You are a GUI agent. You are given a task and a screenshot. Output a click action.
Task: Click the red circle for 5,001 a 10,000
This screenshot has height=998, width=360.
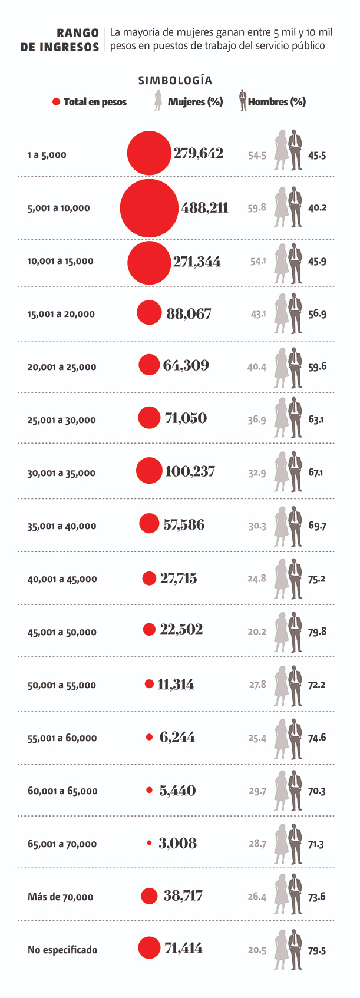point(149,208)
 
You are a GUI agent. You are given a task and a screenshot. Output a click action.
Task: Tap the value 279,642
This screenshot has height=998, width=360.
point(198,154)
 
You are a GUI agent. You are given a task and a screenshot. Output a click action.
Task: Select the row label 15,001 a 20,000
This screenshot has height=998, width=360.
point(61,314)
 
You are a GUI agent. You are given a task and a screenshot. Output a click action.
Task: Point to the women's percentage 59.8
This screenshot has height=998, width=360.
point(257,208)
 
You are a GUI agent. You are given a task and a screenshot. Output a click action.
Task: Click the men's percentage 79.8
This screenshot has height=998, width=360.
point(317,632)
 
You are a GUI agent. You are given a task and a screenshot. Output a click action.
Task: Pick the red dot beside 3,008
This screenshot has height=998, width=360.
point(149,843)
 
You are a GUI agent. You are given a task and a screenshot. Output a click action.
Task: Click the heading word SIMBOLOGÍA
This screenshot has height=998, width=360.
point(175,80)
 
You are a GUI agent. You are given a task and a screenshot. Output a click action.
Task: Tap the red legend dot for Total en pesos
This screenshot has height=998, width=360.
point(57,101)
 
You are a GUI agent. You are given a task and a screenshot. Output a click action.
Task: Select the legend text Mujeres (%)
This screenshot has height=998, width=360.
point(195,101)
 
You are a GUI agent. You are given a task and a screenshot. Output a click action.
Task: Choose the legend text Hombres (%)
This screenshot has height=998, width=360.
point(277,101)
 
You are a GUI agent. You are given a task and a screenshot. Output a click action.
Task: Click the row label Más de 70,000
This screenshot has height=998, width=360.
point(60,897)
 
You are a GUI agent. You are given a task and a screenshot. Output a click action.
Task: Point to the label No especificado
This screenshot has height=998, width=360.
point(62,950)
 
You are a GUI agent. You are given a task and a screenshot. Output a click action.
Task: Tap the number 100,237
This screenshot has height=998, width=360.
point(190,471)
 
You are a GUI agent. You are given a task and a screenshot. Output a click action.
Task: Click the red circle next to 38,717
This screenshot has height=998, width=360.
point(149,896)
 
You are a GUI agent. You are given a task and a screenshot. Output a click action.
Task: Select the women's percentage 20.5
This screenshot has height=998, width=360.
point(257,950)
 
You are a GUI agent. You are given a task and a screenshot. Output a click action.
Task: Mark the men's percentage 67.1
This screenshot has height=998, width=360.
point(316,472)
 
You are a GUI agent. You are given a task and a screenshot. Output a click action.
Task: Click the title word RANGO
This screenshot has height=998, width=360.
point(78,34)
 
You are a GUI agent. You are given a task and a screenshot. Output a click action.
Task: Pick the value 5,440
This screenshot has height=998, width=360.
point(177,790)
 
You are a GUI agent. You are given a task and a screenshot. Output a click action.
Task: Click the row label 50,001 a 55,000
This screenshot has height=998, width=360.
point(61,685)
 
